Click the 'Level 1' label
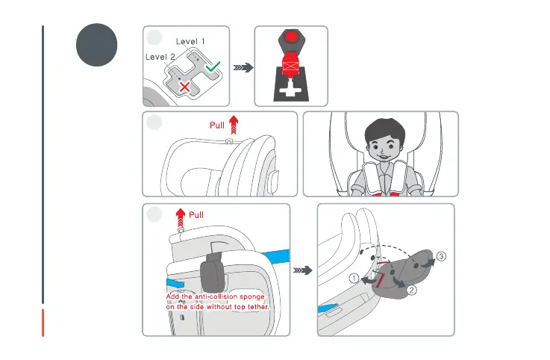click(x=190, y=41)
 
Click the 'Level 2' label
click(x=160, y=57)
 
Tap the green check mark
click(x=213, y=66)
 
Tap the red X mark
click(x=185, y=87)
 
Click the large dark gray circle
click(x=96, y=45)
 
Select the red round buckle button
click(x=291, y=37)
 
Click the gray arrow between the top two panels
click(x=243, y=67)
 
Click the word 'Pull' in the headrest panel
click(x=216, y=125)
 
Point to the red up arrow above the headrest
click(x=234, y=125)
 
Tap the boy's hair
click(x=385, y=129)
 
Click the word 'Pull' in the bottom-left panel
click(x=196, y=215)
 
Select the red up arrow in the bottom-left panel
click(x=181, y=218)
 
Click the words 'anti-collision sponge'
click(x=230, y=297)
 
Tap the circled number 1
click(x=354, y=279)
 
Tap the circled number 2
click(x=411, y=290)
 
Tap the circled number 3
click(x=441, y=256)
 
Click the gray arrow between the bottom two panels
click(x=303, y=270)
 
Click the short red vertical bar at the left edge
click(x=43, y=323)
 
